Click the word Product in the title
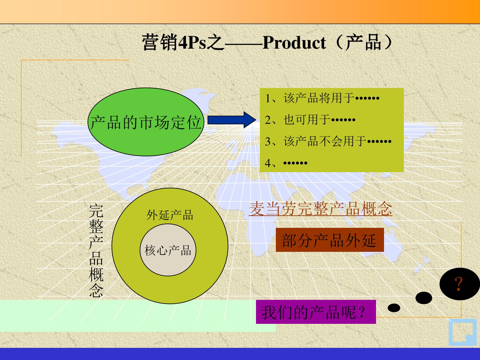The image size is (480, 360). coord(294,43)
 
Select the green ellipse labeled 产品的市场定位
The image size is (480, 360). coord(146,122)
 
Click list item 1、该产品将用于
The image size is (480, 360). coord(322,98)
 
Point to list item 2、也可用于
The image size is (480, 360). coord(310,120)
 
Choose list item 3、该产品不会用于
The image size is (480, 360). coord(328,141)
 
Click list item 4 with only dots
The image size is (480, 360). coord(286,163)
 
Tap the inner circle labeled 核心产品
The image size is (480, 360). coord(168,250)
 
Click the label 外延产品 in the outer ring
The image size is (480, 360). coord(170,215)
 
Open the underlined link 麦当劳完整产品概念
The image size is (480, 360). coord(321,209)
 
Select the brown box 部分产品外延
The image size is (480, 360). coord(329,240)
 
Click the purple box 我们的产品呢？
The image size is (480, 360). coord(316,312)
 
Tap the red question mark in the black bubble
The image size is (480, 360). coord(459,284)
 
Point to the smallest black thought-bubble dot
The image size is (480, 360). coord(394,308)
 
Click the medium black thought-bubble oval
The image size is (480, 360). coord(424,298)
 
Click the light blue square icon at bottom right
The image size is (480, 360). coord(462,333)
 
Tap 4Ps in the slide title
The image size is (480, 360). coord(192,43)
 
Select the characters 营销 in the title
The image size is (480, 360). coord(159,43)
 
